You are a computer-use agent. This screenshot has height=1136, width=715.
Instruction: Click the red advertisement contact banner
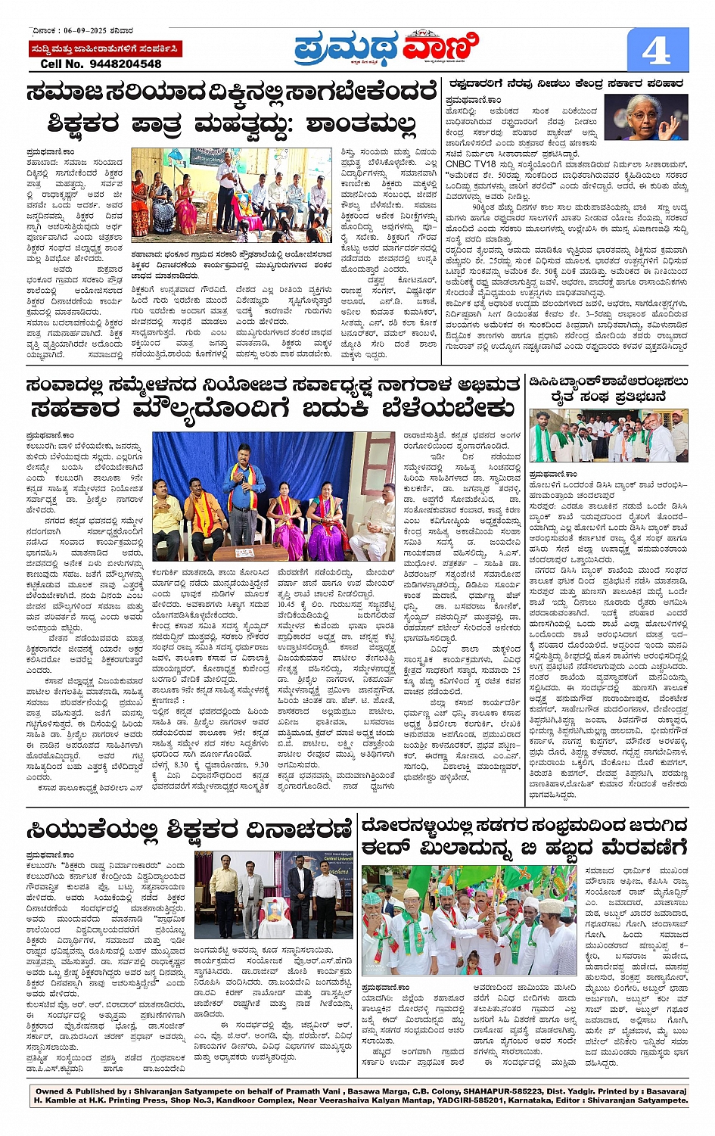pos(104,49)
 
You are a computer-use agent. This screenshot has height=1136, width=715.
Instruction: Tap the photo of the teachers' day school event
pos(232,195)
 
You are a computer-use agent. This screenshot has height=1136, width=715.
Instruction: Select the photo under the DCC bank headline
pos(608,436)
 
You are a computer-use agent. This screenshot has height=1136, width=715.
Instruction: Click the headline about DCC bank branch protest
pos(608,388)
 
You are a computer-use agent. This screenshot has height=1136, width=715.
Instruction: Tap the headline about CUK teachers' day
pos(189,829)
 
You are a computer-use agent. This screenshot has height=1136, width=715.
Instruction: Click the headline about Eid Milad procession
pos(524,835)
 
